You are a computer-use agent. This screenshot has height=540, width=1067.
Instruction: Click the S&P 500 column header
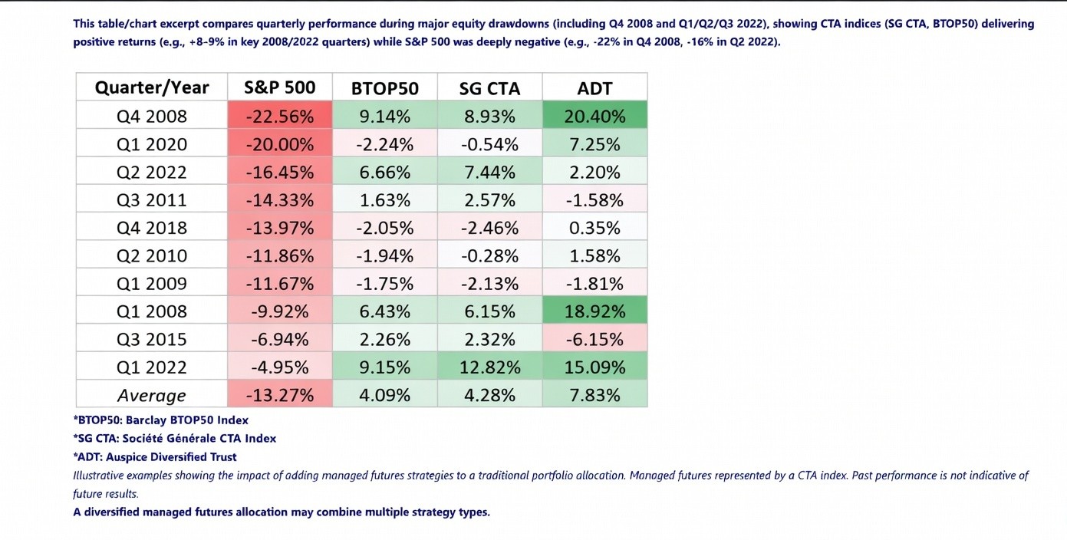pyautogui.click(x=280, y=87)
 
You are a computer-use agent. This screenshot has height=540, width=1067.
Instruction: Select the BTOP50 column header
pyautogui.click(x=384, y=88)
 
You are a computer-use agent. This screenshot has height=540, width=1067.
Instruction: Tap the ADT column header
pyautogui.click(x=594, y=88)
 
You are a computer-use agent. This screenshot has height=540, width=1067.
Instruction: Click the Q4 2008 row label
pyautogui.click(x=152, y=117)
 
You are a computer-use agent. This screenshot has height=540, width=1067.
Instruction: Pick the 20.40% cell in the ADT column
pyautogui.click(x=594, y=117)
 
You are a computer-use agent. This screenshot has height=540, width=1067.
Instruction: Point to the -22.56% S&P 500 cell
pyautogui.click(x=280, y=117)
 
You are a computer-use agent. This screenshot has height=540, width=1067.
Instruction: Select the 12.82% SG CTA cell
pyautogui.click(x=489, y=367)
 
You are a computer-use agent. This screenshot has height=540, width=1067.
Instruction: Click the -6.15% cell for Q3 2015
pyautogui.click(x=594, y=339)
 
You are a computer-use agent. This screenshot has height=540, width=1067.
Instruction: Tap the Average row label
pyautogui.click(x=152, y=396)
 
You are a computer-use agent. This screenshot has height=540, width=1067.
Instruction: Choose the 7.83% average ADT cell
pyautogui.click(x=594, y=395)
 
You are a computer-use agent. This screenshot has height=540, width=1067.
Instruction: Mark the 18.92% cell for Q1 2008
pyautogui.click(x=594, y=311)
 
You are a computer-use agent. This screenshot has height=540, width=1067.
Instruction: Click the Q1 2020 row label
pyautogui.click(x=152, y=144)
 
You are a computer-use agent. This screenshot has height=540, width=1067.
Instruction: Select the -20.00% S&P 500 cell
pyautogui.click(x=280, y=144)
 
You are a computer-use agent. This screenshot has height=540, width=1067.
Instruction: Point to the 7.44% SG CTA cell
pyautogui.click(x=489, y=172)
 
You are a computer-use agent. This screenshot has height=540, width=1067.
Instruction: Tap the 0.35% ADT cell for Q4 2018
pyautogui.click(x=594, y=228)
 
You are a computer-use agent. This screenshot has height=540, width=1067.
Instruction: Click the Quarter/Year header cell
pyautogui.click(x=152, y=87)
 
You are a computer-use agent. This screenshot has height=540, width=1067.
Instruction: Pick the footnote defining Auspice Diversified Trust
pyautogui.click(x=155, y=456)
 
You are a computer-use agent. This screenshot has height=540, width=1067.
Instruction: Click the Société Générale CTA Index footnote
pyautogui.click(x=175, y=438)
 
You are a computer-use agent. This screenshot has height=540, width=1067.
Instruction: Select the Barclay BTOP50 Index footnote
pyautogui.click(x=161, y=420)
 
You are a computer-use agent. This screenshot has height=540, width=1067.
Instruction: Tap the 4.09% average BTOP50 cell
pyautogui.click(x=384, y=395)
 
